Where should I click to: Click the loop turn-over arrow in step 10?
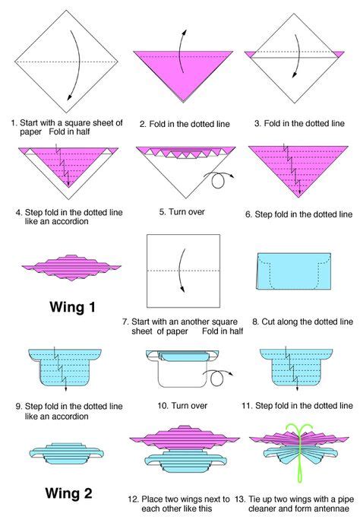pos(218,376)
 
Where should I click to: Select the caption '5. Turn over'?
pos(182,212)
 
